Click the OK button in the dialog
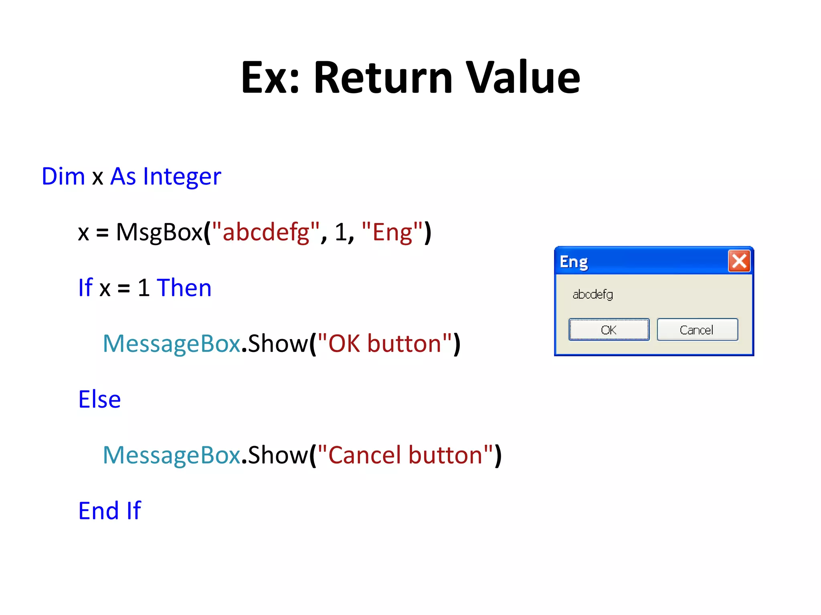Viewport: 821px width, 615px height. (x=609, y=330)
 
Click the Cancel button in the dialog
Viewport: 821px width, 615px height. (x=697, y=330)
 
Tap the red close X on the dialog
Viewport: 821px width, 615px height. (x=739, y=261)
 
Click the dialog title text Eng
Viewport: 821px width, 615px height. (x=574, y=262)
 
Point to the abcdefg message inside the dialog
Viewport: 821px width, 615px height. (x=592, y=295)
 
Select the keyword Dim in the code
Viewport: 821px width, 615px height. (x=63, y=177)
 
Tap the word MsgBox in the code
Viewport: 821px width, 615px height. (x=159, y=232)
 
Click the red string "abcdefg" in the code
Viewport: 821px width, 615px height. (x=265, y=232)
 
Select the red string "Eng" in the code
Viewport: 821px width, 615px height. (x=392, y=232)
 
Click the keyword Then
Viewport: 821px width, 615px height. (x=184, y=288)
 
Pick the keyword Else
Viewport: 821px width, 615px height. (x=99, y=400)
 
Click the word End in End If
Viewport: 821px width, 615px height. (x=99, y=511)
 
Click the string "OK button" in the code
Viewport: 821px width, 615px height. (x=384, y=344)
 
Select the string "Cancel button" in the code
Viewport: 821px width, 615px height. (x=405, y=455)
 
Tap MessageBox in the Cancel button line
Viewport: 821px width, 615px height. (x=172, y=455)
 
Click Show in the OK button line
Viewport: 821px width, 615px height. (x=278, y=344)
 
